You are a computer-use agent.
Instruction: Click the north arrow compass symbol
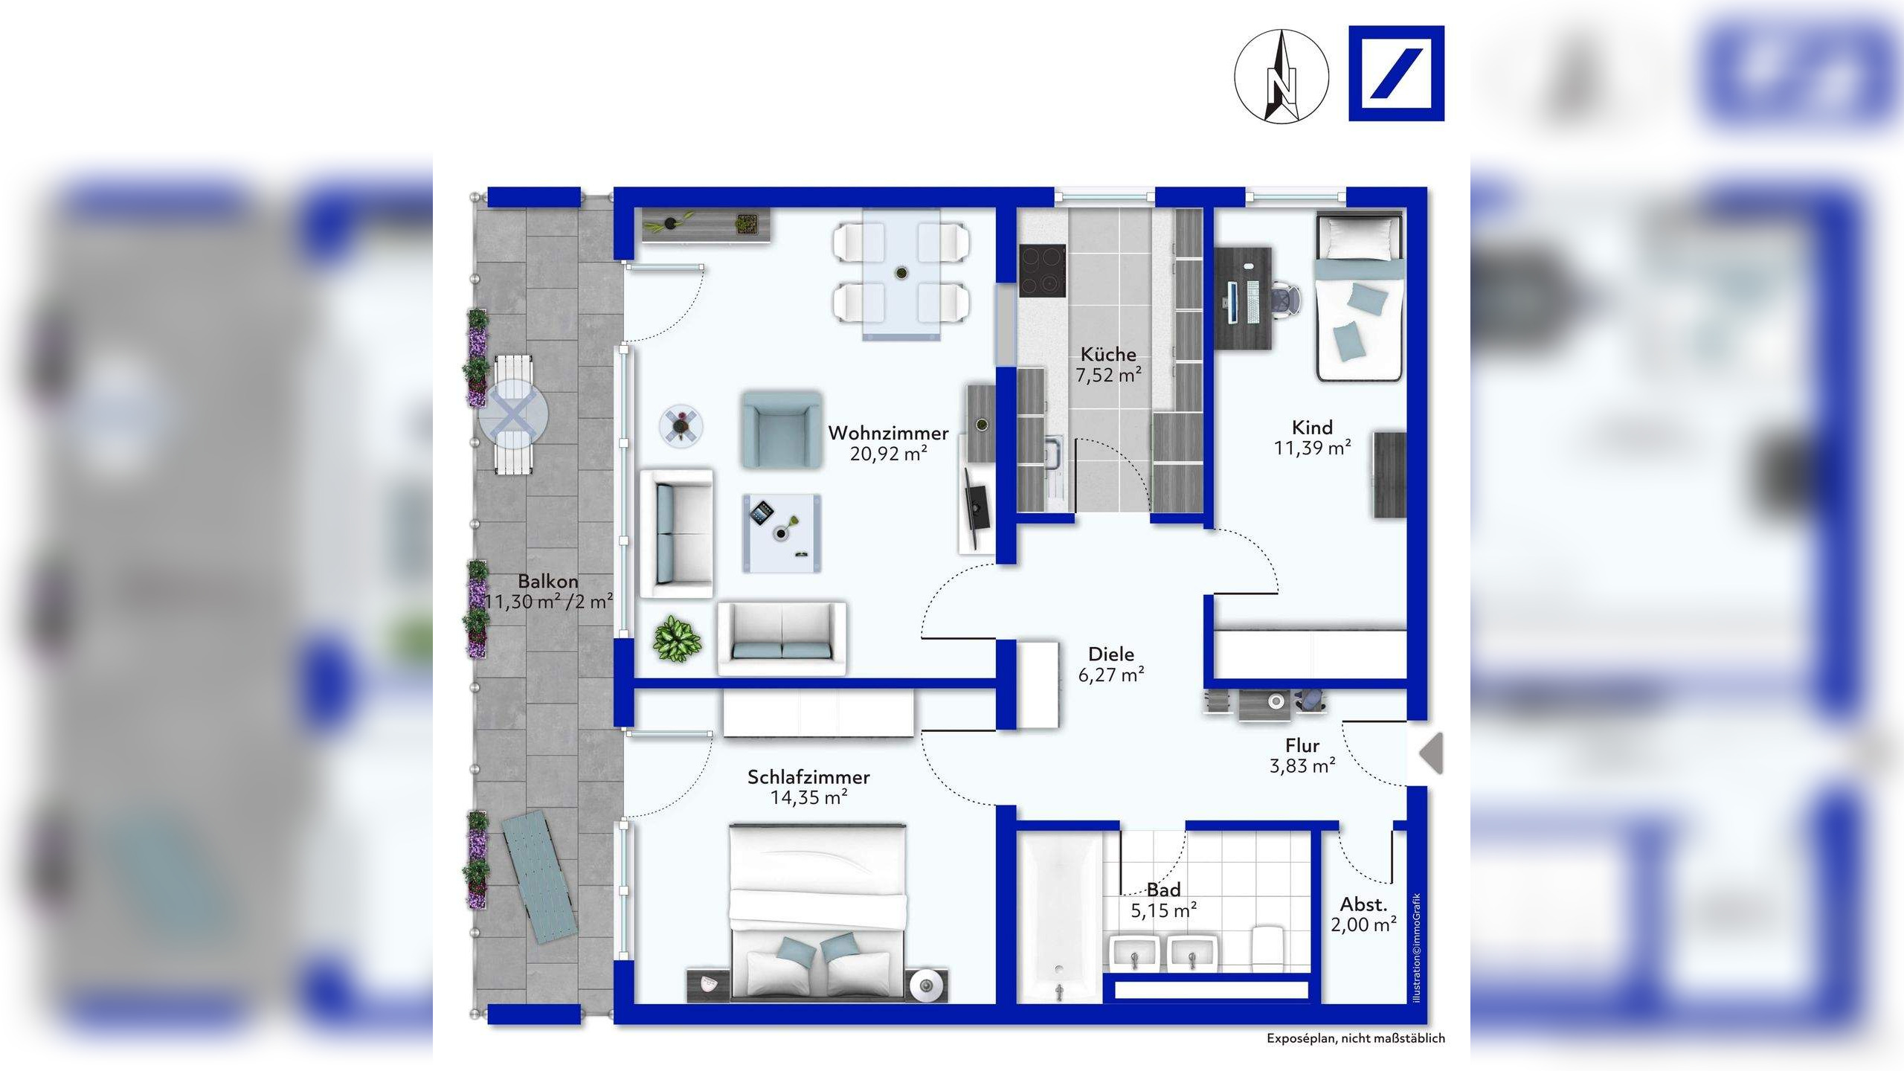point(1281,76)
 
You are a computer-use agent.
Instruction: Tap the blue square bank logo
point(1396,73)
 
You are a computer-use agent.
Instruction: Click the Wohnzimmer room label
point(888,433)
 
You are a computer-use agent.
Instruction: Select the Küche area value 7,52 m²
point(1108,375)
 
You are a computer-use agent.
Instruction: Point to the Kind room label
point(1312,428)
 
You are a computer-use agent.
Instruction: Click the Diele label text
point(1111,654)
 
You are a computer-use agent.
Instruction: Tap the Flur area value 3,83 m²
point(1302,765)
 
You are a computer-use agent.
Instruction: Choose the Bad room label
point(1164,890)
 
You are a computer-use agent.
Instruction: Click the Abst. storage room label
point(1364,904)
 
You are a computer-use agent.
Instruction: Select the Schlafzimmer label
point(808,777)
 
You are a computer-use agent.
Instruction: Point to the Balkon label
point(548,582)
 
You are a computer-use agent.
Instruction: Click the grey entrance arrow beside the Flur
point(1431,753)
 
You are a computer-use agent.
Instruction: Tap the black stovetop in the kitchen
point(1042,271)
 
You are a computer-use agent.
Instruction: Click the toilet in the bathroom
point(1268,948)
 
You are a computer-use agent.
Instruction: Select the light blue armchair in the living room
point(782,431)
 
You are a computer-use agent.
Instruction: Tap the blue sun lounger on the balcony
point(540,878)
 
